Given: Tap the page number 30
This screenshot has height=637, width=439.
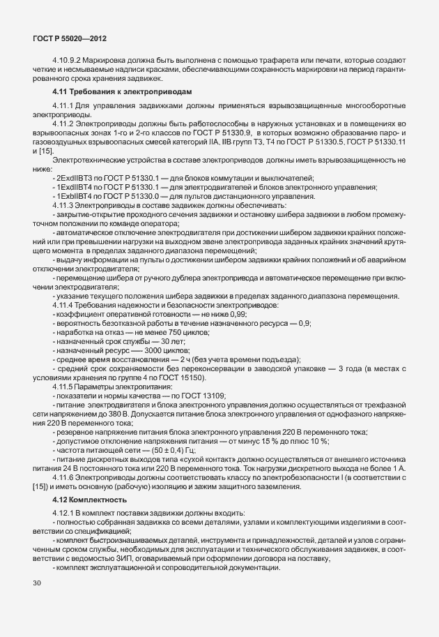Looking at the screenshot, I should tap(36, 601).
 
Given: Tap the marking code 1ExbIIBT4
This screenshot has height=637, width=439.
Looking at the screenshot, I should tap(77, 197).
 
